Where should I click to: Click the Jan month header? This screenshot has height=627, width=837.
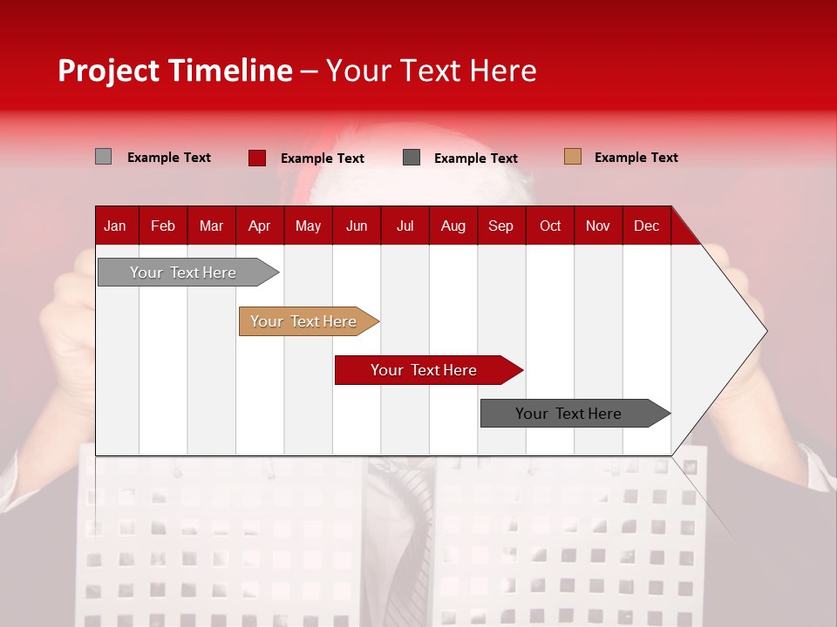(115, 226)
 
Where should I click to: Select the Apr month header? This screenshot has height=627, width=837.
(259, 226)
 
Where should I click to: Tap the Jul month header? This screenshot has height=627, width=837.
(405, 226)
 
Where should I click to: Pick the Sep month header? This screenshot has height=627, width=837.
(500, 226)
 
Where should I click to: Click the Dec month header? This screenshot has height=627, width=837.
(646, 226)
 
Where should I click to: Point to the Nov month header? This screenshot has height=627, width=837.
(597, 226)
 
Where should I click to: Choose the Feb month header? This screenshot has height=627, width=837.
(163, 226)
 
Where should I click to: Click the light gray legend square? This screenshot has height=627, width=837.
(103, 157)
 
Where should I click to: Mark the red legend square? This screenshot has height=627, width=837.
(256, 158)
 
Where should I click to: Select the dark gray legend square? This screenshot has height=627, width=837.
(412, 158)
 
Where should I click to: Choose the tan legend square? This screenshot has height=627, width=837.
(572, 157)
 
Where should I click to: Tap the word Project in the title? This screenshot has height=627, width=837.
(107, 71)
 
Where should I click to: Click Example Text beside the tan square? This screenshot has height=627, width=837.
(636, 158)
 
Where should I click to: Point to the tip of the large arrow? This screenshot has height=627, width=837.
(765, 331)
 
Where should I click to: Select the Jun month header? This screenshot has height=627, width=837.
(357, 226)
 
